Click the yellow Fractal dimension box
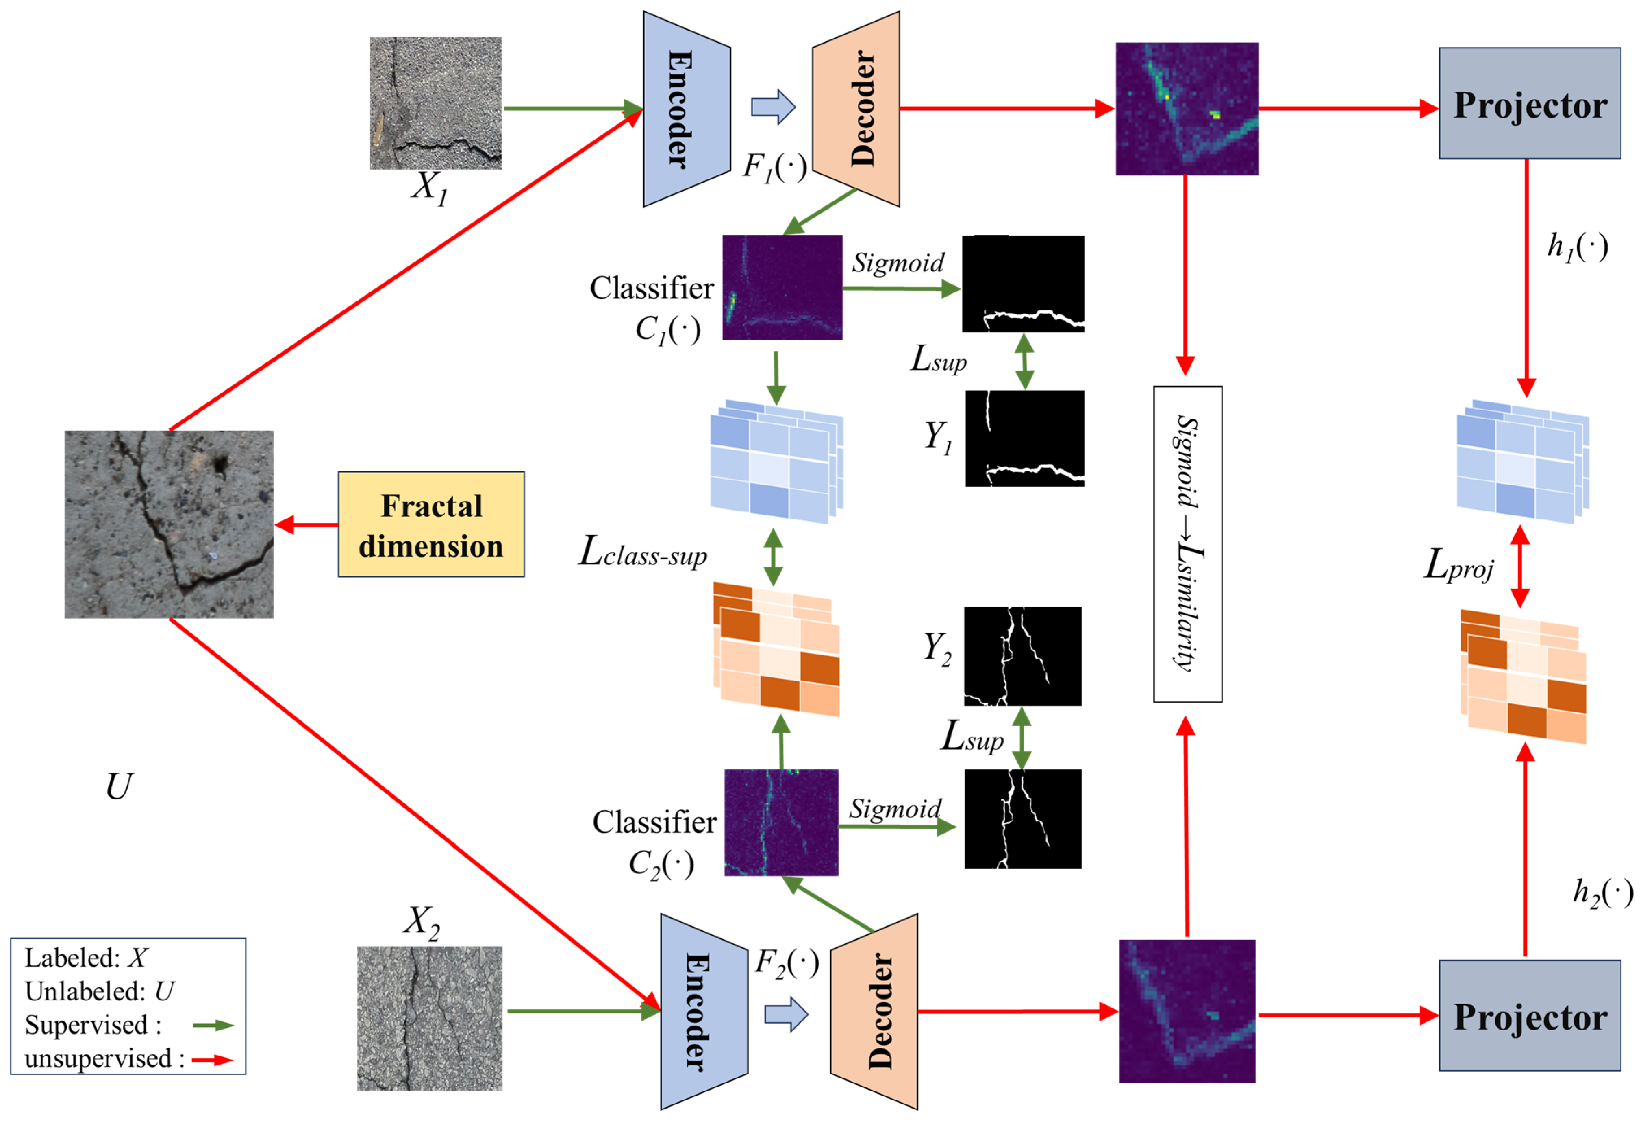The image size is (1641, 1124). pos(431,524)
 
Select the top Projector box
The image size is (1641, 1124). pos(1530,103)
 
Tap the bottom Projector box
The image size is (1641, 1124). pos(1530,1015)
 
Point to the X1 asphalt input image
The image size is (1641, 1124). pos(436,103)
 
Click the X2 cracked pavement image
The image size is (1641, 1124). pos(429,1018)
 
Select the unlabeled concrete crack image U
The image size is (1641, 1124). pos(170,524)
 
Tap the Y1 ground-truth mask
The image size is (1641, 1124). pos(1025,438)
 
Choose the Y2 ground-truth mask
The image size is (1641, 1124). pos(1022,656)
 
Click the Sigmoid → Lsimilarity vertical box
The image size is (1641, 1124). pos(1188,544)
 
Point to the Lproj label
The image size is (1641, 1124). pos(1458,566)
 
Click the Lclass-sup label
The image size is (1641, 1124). pos(643,552)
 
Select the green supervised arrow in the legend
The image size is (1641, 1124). pos(214,1025)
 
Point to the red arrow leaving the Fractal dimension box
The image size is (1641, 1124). pos(306,525)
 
